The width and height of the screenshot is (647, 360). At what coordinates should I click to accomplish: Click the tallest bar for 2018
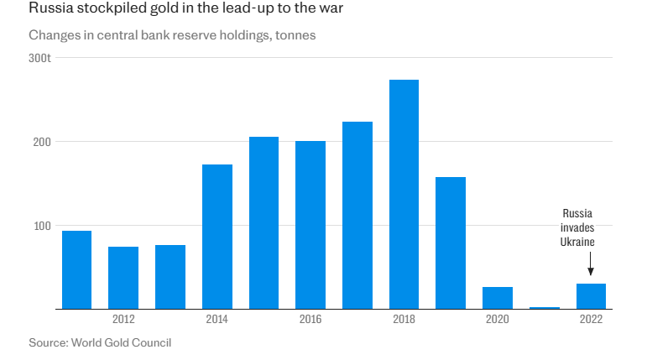[x=404, y=195]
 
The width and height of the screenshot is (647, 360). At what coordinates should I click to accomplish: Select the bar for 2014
[x=217, y=237]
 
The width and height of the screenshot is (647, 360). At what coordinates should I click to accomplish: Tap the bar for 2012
[x=123, y=278]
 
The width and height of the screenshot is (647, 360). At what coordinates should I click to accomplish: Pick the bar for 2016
[x=310, y=225]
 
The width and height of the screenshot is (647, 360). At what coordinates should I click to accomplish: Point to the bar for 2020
[x=498, y=298]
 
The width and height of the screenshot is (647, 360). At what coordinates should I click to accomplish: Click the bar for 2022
[x=591, y=296]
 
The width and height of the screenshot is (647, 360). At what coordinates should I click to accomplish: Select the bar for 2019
[x=451, y=243]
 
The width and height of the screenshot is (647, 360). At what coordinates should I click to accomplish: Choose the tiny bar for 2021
[x=544, y=308]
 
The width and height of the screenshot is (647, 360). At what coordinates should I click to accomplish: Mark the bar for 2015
[x=263, y=223]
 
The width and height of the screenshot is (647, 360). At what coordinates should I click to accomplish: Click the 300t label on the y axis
[x=40, y=58]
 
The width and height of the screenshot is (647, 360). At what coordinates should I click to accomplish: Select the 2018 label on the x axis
[x=404, y=320]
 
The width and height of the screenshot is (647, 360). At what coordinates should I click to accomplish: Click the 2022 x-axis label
[x=591, y=320]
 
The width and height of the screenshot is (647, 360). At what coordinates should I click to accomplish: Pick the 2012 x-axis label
[x=123, y=320]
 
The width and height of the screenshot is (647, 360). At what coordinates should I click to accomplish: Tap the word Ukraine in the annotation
[x=577, y=242]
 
